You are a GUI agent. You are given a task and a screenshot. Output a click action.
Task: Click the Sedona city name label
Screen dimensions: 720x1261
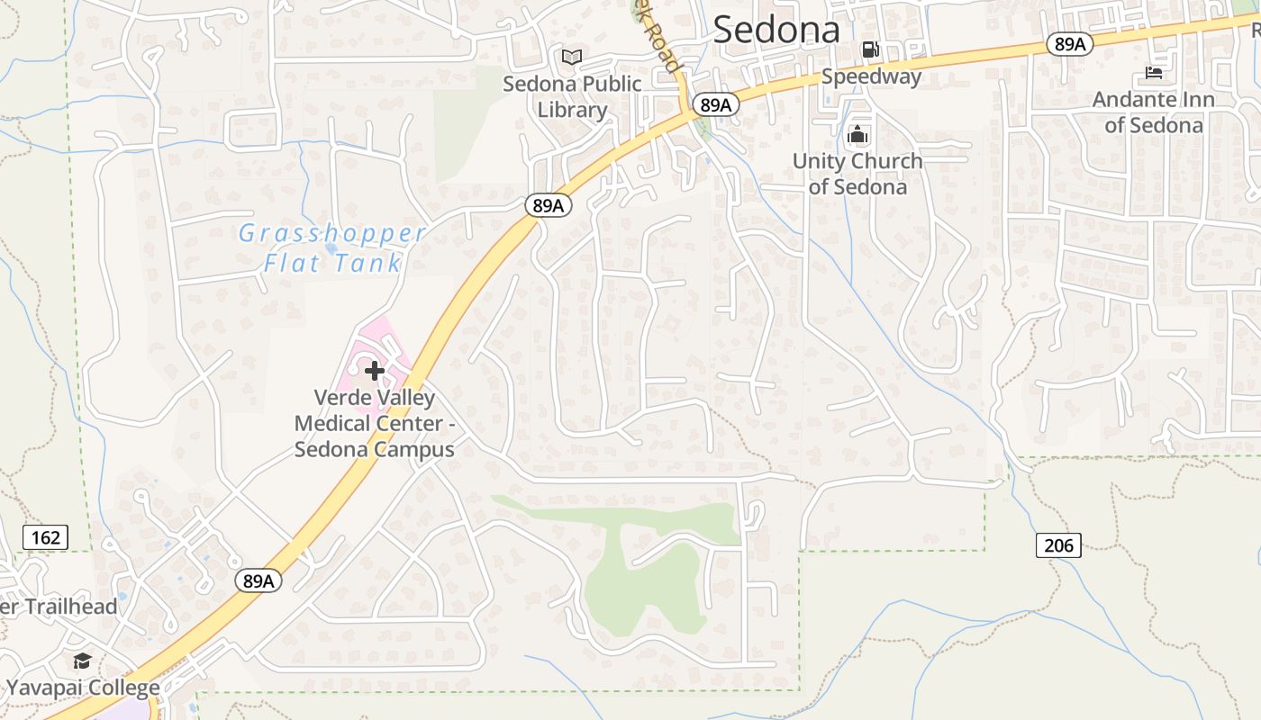776,31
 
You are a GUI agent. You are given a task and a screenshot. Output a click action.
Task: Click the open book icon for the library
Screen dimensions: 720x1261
572,58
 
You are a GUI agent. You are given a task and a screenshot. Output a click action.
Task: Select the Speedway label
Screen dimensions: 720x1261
871,76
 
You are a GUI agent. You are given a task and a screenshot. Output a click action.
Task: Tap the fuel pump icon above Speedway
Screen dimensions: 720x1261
870,49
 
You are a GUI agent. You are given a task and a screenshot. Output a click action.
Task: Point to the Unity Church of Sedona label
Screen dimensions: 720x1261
857,174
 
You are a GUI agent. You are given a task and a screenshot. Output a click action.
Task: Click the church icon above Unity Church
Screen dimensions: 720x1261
857,135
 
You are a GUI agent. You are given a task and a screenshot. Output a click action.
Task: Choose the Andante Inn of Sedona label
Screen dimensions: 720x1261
1154,112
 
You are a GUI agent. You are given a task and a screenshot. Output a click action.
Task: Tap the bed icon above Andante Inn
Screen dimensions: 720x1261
1154,72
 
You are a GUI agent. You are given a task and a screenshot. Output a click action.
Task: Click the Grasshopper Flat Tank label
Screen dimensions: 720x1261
332,248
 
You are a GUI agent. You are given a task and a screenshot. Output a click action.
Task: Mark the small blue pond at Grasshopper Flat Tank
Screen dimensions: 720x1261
331,247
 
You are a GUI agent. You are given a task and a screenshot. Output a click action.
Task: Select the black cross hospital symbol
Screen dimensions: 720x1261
375,370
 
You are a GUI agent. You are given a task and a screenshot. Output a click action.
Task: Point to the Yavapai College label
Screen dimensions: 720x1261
83,688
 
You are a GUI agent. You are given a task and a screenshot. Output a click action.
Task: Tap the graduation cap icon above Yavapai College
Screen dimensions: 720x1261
83,661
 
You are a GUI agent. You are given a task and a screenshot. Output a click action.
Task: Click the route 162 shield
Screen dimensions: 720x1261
45,538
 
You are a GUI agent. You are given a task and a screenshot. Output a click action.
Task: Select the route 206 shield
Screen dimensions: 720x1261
1058,544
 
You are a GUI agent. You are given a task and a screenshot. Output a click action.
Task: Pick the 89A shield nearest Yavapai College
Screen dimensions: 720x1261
259,581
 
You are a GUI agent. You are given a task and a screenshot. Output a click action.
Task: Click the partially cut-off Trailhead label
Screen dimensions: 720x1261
59,607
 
